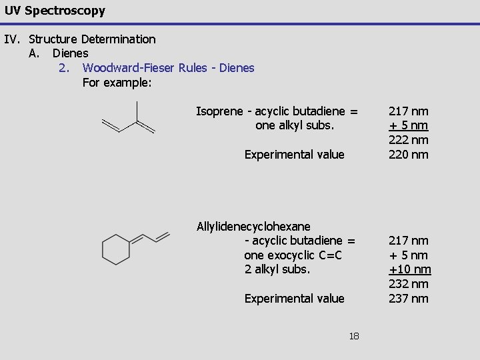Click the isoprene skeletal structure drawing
point(128,120)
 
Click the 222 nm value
point(409,140)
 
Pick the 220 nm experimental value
point(409,155)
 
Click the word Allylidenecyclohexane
point(253,227)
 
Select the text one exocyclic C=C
point(293,255)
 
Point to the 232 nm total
point(409,284)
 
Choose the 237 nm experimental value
point(409,299)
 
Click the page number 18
point(353,336)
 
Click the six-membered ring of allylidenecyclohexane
point(115,250)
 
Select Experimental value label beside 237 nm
point(294,299)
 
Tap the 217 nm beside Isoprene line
point(409,111)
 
